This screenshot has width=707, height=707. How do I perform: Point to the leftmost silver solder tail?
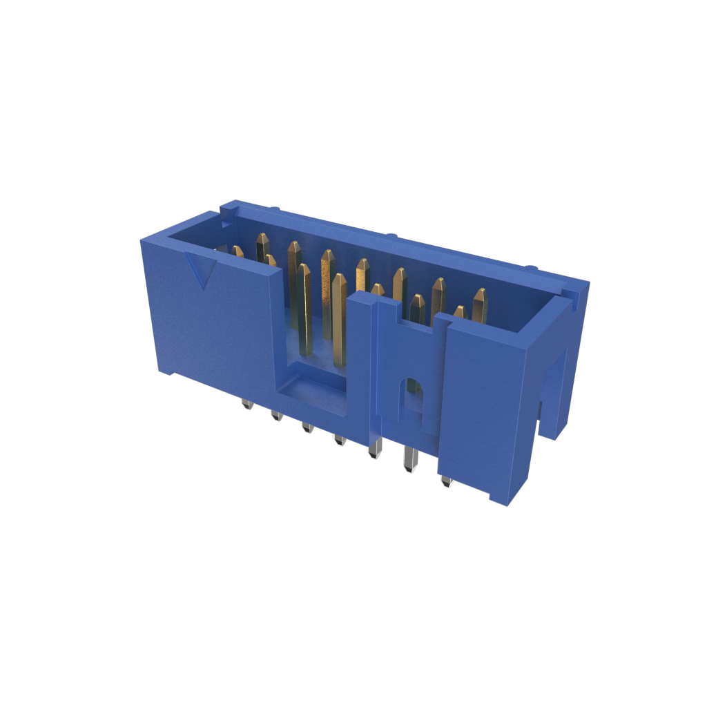[x=246, y=405]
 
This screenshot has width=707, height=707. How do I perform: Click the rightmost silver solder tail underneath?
[x=446, y=481]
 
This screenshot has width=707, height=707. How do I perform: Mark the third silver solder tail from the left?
[x=307, y=428]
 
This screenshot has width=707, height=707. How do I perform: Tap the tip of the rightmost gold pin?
[x=481, y=296]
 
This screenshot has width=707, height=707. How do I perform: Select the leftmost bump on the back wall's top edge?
[x=274, y=208]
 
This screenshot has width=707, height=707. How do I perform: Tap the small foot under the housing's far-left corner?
[x=166, y=372]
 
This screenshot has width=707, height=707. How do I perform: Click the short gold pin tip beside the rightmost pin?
[x=460, y=312]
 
